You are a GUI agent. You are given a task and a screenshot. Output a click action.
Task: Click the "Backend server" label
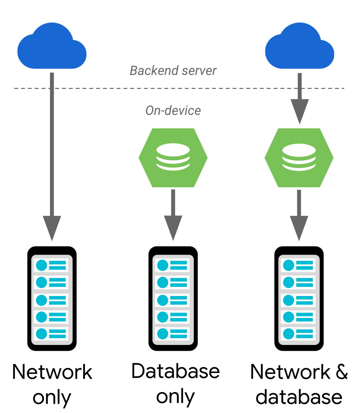[173, 71]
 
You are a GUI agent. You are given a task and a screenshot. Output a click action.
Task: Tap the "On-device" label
[173, 111]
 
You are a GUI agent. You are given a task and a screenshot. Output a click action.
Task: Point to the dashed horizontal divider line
[108, 88]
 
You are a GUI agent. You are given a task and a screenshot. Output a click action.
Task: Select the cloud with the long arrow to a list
[52, 47]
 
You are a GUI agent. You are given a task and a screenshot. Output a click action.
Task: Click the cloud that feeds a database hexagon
[300, 47]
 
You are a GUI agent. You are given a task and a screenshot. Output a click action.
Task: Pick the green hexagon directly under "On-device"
[173, 158]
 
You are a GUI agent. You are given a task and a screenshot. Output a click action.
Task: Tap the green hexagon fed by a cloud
[299, 158]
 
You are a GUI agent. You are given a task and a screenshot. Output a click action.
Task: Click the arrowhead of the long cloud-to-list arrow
[52, 227]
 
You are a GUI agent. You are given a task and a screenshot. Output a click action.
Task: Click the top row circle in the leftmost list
[42, 265]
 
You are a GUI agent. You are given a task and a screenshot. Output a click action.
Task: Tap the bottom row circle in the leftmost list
[42, 333]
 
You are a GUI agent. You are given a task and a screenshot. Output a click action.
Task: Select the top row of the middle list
[173, 265]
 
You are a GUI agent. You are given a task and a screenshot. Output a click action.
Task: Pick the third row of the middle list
[173, 300]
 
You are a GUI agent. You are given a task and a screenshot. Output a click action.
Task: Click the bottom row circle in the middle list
[163, 333]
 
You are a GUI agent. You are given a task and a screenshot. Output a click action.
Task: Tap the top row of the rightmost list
[299, 265]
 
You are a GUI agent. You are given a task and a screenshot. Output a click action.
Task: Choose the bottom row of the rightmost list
[299, 333]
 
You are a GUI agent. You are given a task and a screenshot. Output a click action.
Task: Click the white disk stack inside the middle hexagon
[173, 157]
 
